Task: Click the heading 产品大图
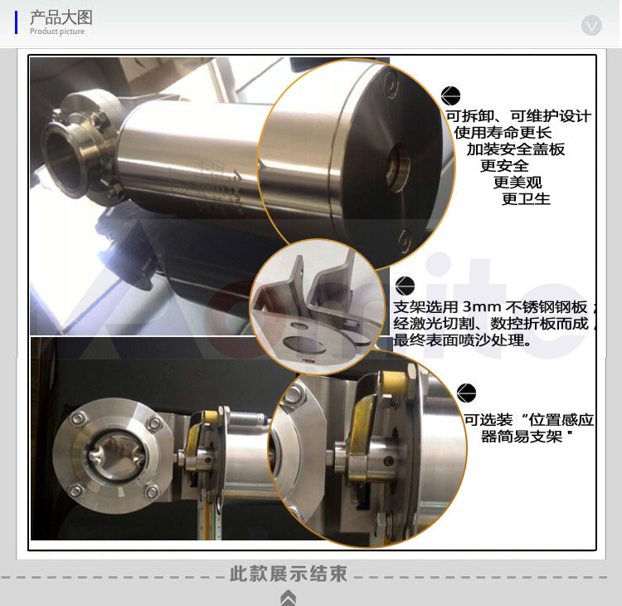pyautogui.click(x=61, y=17)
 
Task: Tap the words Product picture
pyautogui.click(x=57, y=32)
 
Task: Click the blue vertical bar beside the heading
pyautogui.click(x=16, y=22)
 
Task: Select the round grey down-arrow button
pyautogui.click(x=591, y=25)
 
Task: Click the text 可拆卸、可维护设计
pyautogui.click(x=518, y=116)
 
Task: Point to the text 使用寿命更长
pyautogui.click(x=503, y=133)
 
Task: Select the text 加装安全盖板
pyautogui.click(x=516, y=149)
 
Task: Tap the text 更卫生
pyautogui.click(x=526, y=198)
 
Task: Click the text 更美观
pyautogui.click(x=518, y=183)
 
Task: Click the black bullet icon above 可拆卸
pyautogui.click(x=450, y=95)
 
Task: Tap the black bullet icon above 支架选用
pyautogui.click(x=405, y=286)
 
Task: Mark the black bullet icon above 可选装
pyautogui.click(x=466, y=393)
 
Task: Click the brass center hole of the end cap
pyautogui.click(x=398, y=168)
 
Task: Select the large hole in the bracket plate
pyautogui.click(x=304, y=345)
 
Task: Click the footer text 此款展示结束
pyautogui.click(x=289, y=574)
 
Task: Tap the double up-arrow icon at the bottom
pyautogui.click(x=288, y=598)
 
